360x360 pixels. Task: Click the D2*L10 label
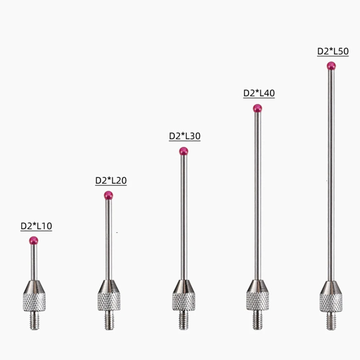[36, 226]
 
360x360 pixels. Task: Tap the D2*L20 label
[111, 181]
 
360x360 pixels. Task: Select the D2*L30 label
[184, 136]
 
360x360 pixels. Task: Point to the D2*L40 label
[259, 93]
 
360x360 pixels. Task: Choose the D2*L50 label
[333, 51]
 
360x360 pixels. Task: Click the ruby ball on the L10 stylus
[34, 240]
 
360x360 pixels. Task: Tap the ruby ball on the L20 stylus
[109, 195]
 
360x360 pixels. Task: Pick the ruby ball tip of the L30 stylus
[184, 151]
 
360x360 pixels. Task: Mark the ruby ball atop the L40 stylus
[257, 108]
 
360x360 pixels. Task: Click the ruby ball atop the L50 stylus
[331, 66]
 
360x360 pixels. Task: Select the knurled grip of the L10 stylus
[34, 302]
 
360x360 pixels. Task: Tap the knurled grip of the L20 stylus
[109, 301]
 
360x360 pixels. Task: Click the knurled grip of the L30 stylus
[184, 301]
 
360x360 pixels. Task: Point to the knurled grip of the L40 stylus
[258, 301]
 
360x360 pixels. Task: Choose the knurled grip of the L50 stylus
[331, 302]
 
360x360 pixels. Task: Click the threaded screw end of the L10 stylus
[34, 320]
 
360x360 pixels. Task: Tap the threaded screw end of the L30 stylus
[184, 320]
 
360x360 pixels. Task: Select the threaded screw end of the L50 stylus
[331, 321]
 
